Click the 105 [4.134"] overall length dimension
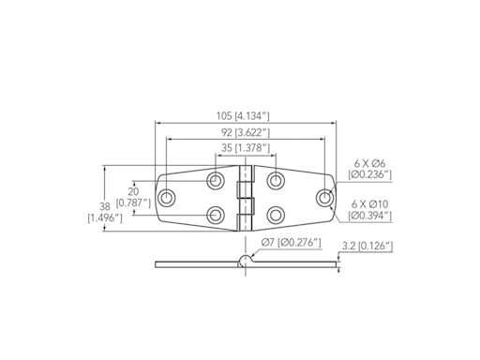click(243, 116)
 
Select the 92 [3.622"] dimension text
click(246, 133)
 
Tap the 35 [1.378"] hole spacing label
click(246, 148)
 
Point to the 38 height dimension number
click(105, 206)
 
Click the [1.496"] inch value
click(105, 217)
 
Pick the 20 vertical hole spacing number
click(133, 191)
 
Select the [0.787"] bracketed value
click(133, 203)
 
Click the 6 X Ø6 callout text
click(369, 163)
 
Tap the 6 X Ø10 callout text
click(369, 204)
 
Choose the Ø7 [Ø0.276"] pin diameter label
click(291, 242)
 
